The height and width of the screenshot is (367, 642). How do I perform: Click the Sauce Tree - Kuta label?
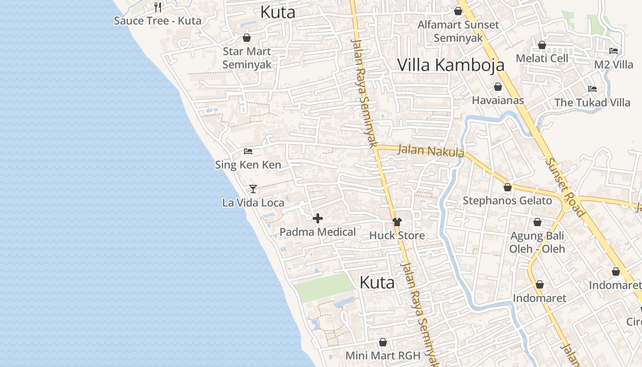(x=157, y=21)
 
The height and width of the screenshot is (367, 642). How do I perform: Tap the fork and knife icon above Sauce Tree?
(x=158, y=7)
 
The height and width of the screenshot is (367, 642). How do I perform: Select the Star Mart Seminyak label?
(x=247, y=58)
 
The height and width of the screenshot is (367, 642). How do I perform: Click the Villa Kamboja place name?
(x=450, y=65)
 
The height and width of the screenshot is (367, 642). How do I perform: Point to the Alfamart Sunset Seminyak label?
(x=458, y=31)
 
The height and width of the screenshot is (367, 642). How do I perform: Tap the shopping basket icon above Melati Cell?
(x=542, y=45)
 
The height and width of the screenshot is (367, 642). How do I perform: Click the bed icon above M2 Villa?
(x=614, y=51)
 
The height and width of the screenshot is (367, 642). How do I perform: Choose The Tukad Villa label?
(x=592, y=102)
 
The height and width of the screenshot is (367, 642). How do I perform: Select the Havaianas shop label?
(x=498, y=100)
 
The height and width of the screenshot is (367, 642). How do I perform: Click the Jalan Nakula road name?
(x=431, y=150)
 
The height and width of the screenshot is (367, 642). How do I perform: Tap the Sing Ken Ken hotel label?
(x=248, y=165)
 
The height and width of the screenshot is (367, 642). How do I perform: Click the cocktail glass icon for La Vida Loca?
(x=253, y=189)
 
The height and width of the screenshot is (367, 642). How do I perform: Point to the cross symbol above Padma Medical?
(x=317, y=218)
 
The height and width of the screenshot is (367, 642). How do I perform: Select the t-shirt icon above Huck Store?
(x=397, y=222)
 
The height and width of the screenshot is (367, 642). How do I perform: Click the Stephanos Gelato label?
(x=507, y=200)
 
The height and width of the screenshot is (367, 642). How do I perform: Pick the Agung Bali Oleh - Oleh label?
(x=537, y=242)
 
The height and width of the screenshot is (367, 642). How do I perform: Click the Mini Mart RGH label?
(x=382, y=356)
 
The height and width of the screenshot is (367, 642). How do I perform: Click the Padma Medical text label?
(x=317, y=232)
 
